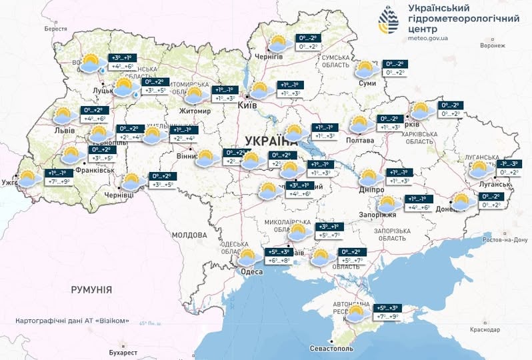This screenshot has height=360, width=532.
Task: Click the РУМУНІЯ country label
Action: (91, 289)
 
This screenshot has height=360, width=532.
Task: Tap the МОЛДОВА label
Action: (189, 235)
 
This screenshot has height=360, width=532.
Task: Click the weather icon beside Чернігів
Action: (278, 44)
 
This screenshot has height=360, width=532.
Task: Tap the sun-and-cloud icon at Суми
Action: (366, 69)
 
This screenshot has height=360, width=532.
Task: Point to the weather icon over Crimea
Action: (357, 313)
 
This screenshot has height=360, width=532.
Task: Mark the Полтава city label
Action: (361, 140)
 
